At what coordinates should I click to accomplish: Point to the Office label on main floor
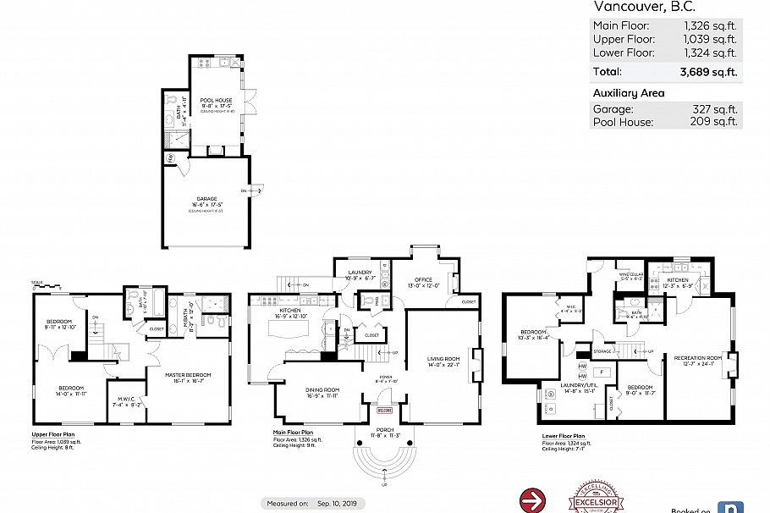[x=424, y=280]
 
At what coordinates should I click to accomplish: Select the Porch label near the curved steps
[x=385, y=430]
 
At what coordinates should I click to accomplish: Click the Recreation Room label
[x=697, y=358]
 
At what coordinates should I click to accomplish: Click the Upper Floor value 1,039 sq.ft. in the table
[x=711, y=39]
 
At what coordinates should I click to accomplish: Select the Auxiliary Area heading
[x=629, y=93]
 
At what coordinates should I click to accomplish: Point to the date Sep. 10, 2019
[x=338, y=503]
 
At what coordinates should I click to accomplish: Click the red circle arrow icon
[x=531, y=499]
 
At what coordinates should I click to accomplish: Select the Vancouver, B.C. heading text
[x=631, y=7]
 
